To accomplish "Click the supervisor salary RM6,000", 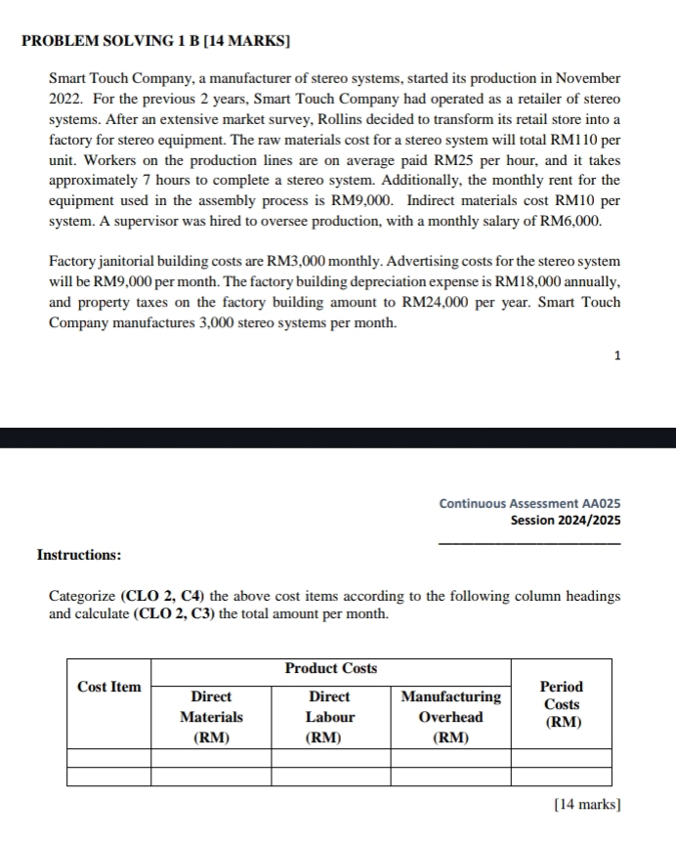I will coord(572,221).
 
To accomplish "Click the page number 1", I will coord(617,357).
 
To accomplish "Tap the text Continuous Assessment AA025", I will coord(528,504).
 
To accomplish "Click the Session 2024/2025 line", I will coord(565,521).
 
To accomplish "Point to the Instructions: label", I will coord(79,555).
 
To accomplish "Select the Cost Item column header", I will coord(108,687).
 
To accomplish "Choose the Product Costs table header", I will coord(330,668).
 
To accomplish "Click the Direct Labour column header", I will coord(330,716).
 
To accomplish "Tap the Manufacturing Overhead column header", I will coord(449,716).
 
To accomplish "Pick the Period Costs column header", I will coord(562,704).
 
